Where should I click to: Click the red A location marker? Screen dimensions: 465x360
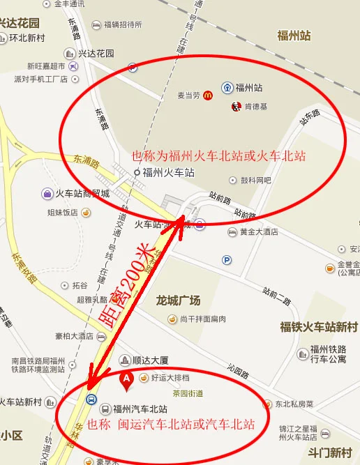point(126,379)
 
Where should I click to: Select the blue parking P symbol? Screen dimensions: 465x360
point(226,260)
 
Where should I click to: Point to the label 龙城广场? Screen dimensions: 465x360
point(178,300)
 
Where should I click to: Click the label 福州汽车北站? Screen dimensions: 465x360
point(140,409)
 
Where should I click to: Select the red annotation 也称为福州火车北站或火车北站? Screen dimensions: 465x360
point(219,155)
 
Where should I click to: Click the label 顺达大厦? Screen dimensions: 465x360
point(150,360)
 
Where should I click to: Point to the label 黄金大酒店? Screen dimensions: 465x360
point(258,232)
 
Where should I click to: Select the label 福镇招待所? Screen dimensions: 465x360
point(123,24)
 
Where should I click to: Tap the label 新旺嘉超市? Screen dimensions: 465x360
point(46,66)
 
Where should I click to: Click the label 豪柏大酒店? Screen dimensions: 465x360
point(78,335)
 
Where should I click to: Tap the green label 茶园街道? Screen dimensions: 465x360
point(188,394)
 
